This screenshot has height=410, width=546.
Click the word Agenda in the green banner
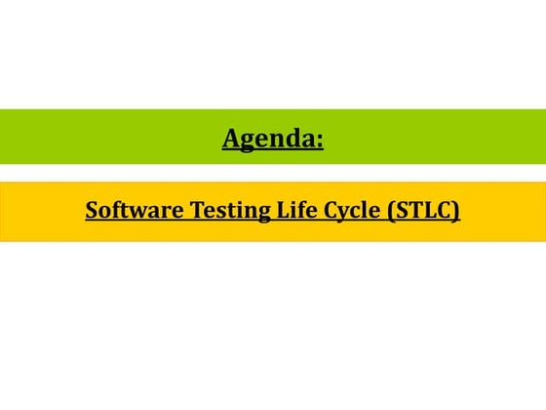pyautogui.click(x=269, y=140)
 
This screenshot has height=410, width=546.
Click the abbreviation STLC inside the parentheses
pyautogui.click(x=423, y=210)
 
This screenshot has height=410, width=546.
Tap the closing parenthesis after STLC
pyautogui.click(x=456, y=211)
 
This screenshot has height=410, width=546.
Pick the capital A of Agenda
pyautogui.click(x=232, y=140)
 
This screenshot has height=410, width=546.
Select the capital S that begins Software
pyautogui.click(x=91, y=210)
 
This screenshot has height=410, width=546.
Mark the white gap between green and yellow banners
pyautogui.click(x=273, y=173)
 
